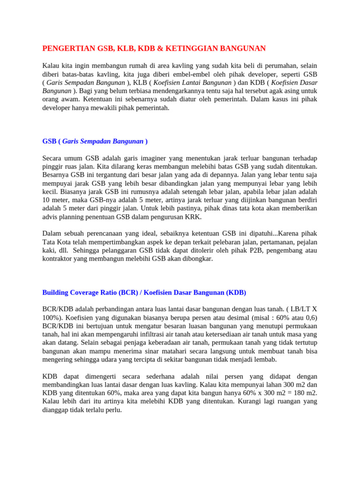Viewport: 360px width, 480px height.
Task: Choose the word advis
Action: click(x=50, y=217)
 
